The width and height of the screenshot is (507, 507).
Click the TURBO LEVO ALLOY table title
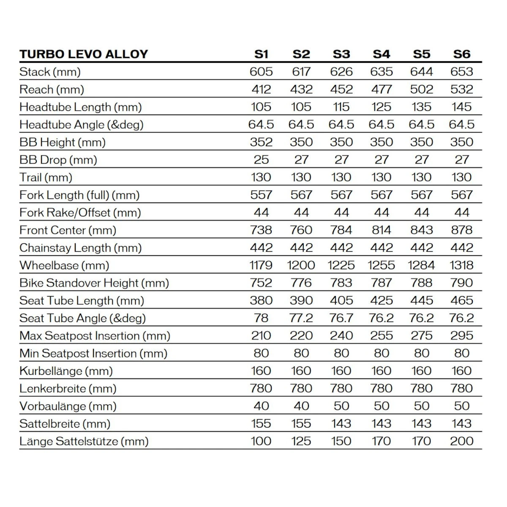tap(84, 54)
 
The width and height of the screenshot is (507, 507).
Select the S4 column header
tap(381, 54)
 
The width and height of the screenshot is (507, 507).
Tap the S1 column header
tap(261, 54)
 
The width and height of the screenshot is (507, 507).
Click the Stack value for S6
tap(461, 72)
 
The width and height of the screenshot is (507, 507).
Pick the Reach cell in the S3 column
tap(341, 90)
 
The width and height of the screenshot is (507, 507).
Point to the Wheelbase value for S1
tap(261, 265)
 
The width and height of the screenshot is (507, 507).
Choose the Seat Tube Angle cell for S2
tap(301, 318)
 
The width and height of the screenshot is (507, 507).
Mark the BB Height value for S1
tap(261, 142)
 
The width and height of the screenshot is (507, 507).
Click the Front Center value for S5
tap(421, 230)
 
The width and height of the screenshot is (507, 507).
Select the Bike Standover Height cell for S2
tap(301, 283)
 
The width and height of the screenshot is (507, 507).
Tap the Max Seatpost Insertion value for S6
tap(461, 336)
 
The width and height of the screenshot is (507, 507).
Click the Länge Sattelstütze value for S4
tap(381, 442)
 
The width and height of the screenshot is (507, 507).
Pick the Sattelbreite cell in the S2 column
tap(301, 424)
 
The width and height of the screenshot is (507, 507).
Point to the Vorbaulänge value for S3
tap(341, 406)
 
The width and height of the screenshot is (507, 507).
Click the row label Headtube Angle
tap(82, 125)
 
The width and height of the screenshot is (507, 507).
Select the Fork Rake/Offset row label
tap(80, 213)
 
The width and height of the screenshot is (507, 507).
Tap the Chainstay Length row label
tap(80, 248)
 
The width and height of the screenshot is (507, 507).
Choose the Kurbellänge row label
tap(66, 371)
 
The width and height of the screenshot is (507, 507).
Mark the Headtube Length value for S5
tap(421, 107)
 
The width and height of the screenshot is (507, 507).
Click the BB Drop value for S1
tap(261, 160)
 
